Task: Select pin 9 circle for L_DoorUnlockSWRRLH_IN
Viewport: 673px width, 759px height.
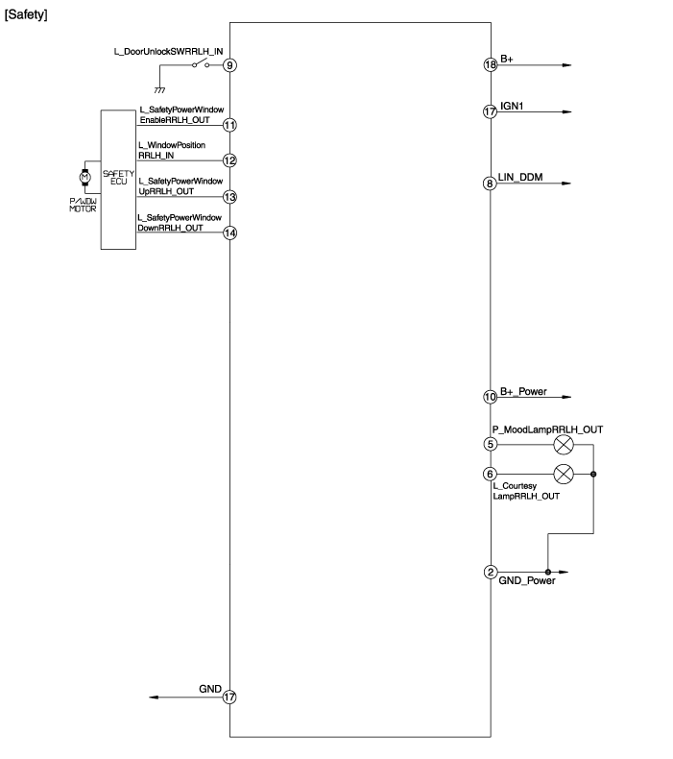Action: [x=229, y=65]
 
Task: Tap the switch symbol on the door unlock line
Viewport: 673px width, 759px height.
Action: [x=202, y=64]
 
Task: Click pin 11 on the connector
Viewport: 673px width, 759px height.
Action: [x=229, y=125]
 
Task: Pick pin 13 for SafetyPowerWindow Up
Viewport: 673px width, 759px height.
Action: [x=229, y=196]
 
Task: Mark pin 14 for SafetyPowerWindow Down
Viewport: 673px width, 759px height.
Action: [x=229, y=233]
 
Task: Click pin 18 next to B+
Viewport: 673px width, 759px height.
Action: [x=490, y=64]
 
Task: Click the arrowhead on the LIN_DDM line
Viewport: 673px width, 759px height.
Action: [x=565, y=184]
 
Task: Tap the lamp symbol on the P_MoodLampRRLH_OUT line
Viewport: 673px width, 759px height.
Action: [x=565, y=444]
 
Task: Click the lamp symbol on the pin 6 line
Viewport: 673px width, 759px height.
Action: [x=565, y=473]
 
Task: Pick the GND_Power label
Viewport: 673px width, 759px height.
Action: [x=527, y=581]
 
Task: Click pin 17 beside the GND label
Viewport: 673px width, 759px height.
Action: [x=229, y=698]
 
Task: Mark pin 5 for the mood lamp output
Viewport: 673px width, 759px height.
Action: [x=490, y=444]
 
